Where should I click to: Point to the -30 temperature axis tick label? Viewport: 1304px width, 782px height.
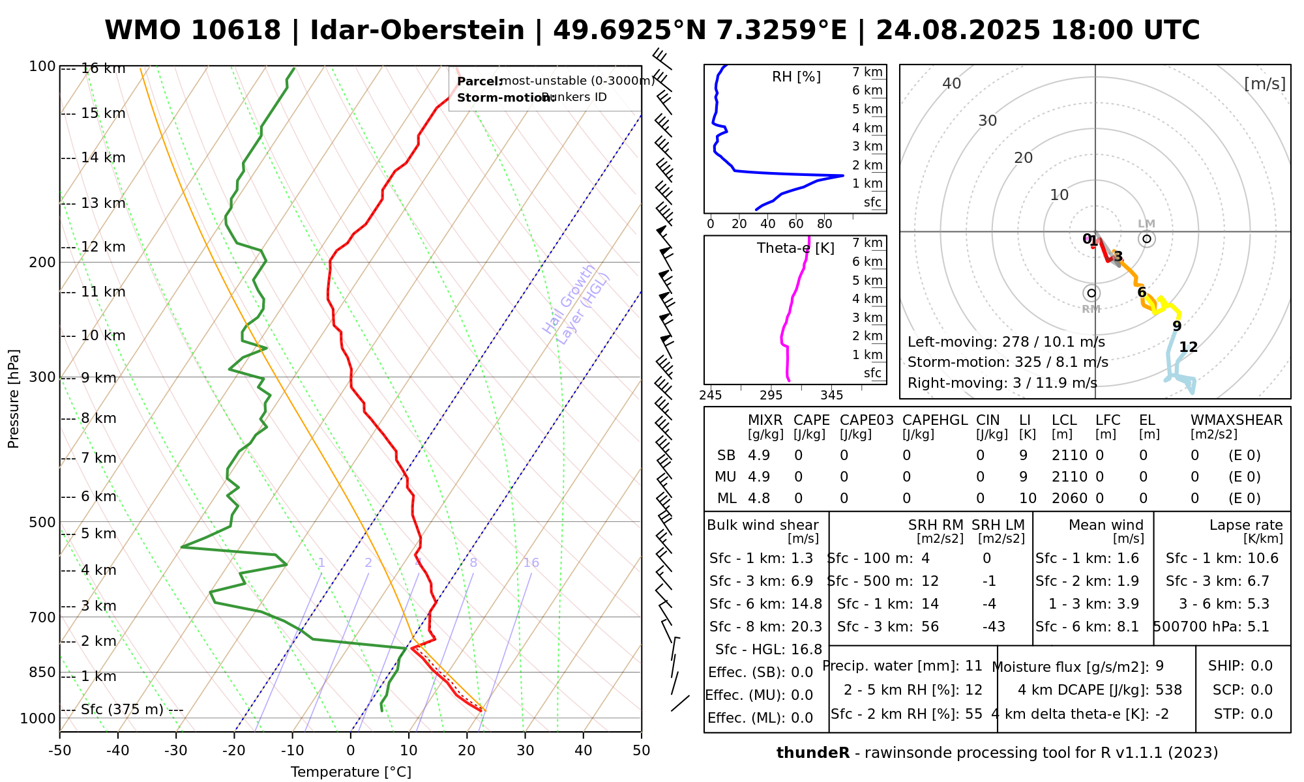[175, 751]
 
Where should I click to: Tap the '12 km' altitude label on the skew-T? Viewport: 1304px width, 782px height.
[103, 247]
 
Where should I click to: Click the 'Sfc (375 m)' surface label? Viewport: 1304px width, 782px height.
[122, 710]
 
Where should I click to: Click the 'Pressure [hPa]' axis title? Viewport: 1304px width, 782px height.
[14, 399]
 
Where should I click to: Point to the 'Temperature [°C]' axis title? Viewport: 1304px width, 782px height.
[351, 772]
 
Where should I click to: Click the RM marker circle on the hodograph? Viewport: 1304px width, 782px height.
[1091, 293]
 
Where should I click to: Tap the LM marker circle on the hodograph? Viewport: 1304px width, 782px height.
[1147, 239]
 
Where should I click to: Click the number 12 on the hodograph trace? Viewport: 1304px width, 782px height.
[1189, 347]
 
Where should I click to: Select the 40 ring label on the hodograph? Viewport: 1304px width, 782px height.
[952, 83]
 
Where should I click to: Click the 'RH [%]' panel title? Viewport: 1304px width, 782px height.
[796, 77]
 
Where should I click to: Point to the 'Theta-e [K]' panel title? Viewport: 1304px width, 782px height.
[795, 248]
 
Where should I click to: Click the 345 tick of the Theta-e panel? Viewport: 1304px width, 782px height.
[831, 396]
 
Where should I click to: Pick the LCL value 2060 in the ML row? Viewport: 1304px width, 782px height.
[1069, 499]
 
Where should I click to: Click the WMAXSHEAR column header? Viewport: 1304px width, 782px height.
[1236, 420]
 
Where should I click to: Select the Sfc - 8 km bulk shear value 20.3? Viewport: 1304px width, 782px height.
[807, 627]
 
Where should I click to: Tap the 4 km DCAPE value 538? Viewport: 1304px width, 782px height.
[1168, 690]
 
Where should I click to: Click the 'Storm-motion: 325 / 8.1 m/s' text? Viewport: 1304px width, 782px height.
[1007, 362]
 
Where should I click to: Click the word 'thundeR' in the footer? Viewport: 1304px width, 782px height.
[812, 753]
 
